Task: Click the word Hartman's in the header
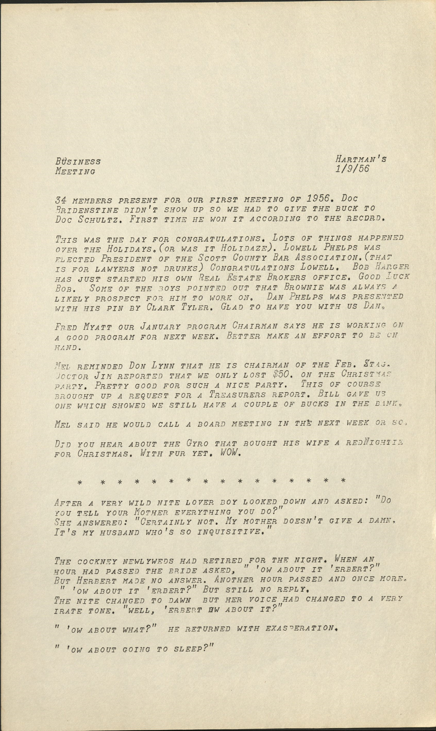click(361, 159)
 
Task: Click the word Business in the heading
click(78, 161)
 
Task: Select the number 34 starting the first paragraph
click(60, 200)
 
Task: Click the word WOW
click(230, 453)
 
